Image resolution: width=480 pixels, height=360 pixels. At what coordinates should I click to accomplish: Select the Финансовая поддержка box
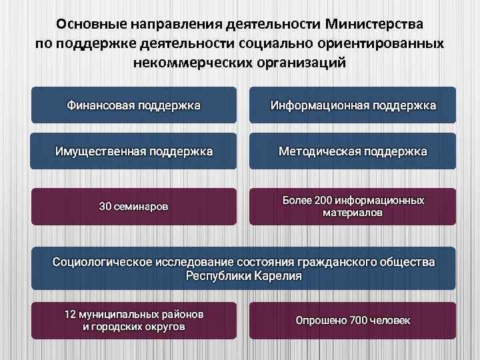133,105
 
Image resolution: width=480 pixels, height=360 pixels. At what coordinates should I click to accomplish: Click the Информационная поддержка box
353,105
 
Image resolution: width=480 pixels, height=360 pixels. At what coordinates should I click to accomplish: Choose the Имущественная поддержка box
133,151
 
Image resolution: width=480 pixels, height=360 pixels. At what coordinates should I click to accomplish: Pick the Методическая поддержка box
353,151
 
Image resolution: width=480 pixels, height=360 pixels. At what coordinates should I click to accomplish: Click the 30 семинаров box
133,207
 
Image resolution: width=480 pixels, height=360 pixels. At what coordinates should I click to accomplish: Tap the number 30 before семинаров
105,207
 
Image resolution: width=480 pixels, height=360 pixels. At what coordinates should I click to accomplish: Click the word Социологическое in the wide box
103,262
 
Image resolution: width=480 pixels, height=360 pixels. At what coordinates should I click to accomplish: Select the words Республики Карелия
243,275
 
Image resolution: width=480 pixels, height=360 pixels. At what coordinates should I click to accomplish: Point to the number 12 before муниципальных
70,313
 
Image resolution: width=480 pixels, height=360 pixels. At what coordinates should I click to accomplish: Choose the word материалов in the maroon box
353,213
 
